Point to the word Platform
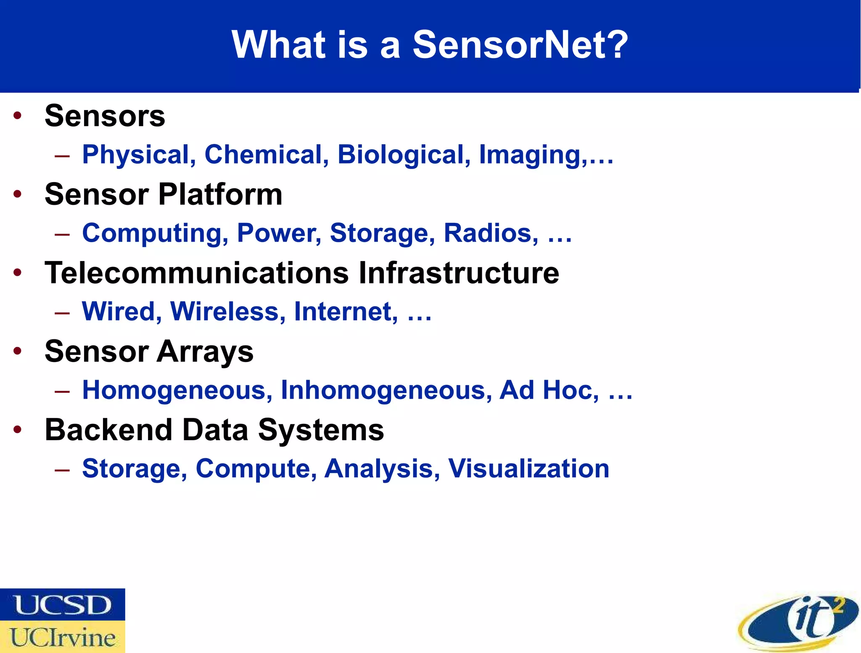(220, 195)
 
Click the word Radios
(490, 233)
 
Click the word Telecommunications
(197, 273)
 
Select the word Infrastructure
(459, 273)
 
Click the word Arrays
(205, 352)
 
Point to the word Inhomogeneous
(386, 390)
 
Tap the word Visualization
(528, 468)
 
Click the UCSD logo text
(63, 605)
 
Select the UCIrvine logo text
(63, 637)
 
